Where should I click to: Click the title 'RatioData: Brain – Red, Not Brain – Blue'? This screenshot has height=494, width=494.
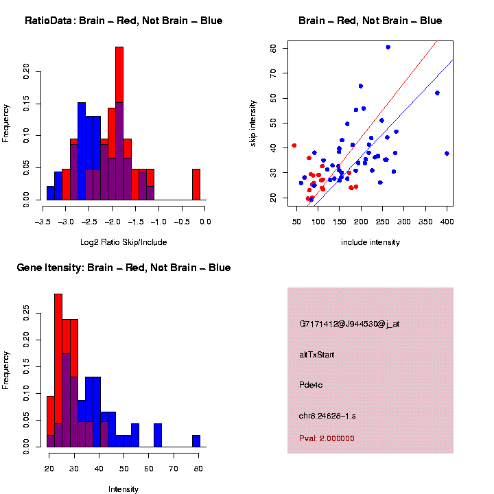click(x=123, y=21)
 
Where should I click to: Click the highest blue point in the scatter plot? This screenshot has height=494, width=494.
click(x=388, y=47)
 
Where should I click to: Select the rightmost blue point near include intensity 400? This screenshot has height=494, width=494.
click(x=447, y=153)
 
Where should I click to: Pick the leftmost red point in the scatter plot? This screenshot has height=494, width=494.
click(x=294, y=145)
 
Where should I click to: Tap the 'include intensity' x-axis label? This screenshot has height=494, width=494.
click(x=370, y=242)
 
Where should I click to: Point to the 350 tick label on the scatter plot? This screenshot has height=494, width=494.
click(x=425, y=221)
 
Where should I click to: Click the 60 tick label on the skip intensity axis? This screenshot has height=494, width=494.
click(x=273, y=49)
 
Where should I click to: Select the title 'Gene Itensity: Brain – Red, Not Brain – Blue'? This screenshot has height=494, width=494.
click(x=123, y=268)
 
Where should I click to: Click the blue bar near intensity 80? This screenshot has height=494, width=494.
click(x=196, y=441)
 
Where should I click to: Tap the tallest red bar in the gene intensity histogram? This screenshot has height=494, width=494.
click(x=58, y=370)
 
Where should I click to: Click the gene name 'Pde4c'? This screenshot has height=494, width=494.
click(x=311, y=385)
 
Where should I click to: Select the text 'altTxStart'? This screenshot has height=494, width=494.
click(x=318, y=354)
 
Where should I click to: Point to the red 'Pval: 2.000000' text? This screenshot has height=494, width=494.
click(x=327, y=438)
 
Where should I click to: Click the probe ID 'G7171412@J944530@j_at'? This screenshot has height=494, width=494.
click(x=349, y=324)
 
